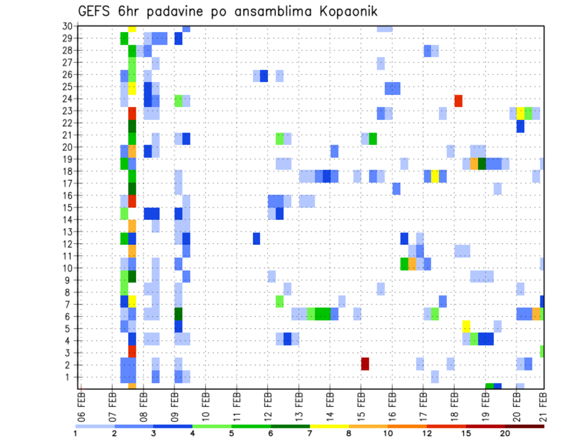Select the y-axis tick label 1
click(69, 377)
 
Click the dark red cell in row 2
click(365, 364)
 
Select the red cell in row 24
click(458, 100)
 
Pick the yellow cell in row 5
click(466, 326)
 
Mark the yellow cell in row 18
click(435, 176)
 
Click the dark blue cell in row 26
click(264, 76)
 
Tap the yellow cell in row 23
click(520, 113)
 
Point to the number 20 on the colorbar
click(505, 433)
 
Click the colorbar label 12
click(426, 433)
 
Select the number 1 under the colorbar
click(75, 433)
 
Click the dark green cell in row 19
click(482, 163)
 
